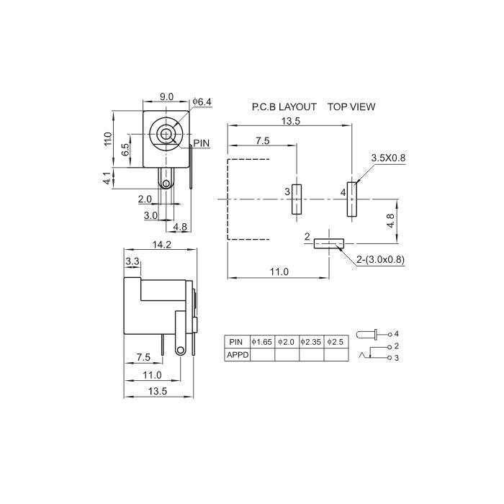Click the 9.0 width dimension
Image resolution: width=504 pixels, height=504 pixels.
pos(166,96)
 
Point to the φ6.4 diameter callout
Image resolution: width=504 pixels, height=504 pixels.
pos(202,102)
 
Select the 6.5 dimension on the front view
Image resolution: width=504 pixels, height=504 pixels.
pos(125,150)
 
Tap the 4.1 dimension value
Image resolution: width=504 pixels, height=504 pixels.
pos(107,178)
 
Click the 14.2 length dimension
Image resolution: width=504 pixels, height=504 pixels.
pos(161,245)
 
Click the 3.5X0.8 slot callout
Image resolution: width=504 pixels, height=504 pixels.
pos(388,157)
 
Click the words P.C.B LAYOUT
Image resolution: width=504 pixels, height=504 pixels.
pos(284,107)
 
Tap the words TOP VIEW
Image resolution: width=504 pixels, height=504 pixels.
pos(351,107)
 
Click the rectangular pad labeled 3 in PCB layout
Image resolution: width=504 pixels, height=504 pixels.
pos(297,199)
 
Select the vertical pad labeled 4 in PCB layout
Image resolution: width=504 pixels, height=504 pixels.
pos(351,199)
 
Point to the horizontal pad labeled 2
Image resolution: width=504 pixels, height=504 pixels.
pos(328,244)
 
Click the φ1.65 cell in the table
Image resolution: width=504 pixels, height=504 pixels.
pos(262,341)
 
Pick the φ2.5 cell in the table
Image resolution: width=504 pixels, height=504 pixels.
pos(336,341)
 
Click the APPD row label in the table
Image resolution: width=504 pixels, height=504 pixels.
pos(237,354)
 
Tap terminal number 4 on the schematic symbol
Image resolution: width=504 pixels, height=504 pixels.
pos(396,334)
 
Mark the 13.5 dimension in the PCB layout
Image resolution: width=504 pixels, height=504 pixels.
pos(291,121)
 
